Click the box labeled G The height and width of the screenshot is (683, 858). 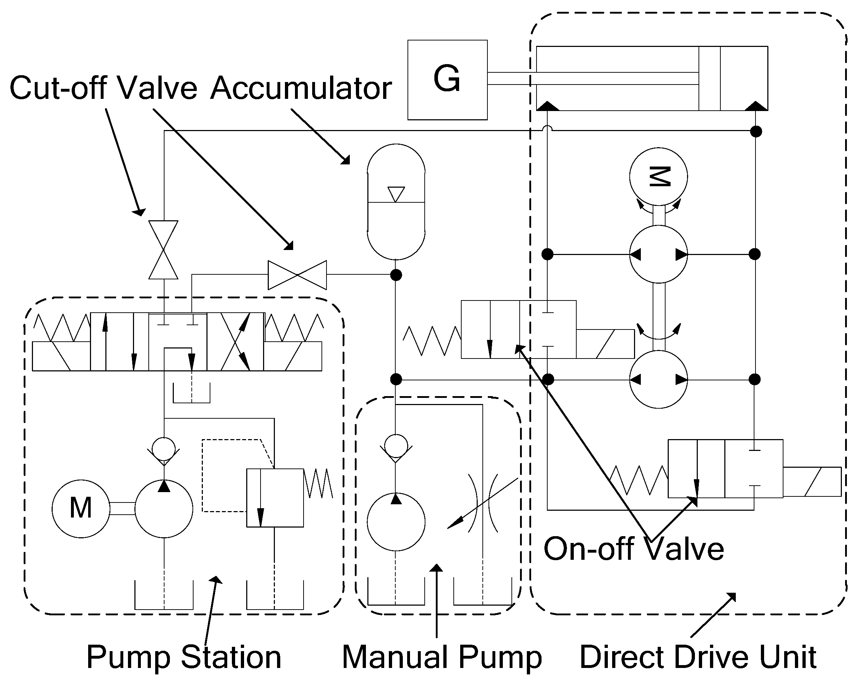[447, 80]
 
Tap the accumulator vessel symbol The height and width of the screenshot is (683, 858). [396, 202]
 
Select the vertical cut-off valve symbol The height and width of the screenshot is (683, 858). [163, 250]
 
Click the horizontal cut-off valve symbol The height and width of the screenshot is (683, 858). [297, 275]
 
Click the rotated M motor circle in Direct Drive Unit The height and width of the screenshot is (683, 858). [658, 177]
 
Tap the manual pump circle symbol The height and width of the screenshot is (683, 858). [396, 522]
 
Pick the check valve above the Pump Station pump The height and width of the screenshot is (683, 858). [163, 449]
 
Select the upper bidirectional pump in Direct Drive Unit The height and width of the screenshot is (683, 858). [658, 254]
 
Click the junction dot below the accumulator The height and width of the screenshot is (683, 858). [396, 275]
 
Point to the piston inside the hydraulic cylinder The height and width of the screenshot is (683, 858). [709, 78]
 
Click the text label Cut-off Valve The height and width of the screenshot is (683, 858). [103, 88]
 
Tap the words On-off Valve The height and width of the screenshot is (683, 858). [634, 549]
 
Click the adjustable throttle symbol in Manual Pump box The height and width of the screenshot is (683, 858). [483, 503]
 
